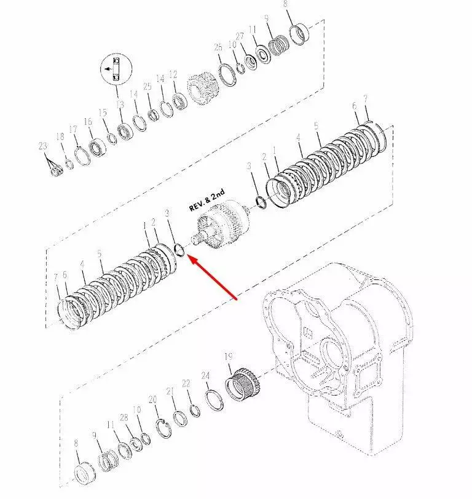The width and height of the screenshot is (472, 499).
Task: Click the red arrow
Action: click(x=213, y=277)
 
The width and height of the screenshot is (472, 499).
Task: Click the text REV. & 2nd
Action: click(x=207, y=200)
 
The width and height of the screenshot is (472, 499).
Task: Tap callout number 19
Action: click(x=229, y=357)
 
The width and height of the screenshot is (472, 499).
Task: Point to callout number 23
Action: click(x=42, y=146)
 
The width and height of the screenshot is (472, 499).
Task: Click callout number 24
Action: click(x=205, y=376)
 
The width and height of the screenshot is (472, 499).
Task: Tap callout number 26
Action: click(x=218, y=47)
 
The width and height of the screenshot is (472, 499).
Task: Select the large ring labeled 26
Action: click(x=227, y=74)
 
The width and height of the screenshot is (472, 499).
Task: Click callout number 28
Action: click(x=124, y=418)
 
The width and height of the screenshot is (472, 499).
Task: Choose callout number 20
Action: click(x=152, y=399)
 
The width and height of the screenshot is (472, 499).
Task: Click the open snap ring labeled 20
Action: click(x=163, y=429)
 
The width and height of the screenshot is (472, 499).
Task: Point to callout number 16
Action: click(x=88, y=122)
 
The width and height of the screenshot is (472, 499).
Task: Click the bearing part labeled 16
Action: click(x=97, y=147)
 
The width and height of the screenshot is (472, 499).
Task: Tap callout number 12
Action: click(x=173, y=74)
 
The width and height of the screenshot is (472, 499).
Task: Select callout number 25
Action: click(x=147, y=86)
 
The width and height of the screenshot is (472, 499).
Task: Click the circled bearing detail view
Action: click(x=116, y=69)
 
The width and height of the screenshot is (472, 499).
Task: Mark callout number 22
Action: click(x=186, y=383)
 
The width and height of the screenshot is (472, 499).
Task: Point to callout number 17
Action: click(x=73, y=129)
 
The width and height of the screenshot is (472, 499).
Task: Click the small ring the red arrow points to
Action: click(x=179, y=250)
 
